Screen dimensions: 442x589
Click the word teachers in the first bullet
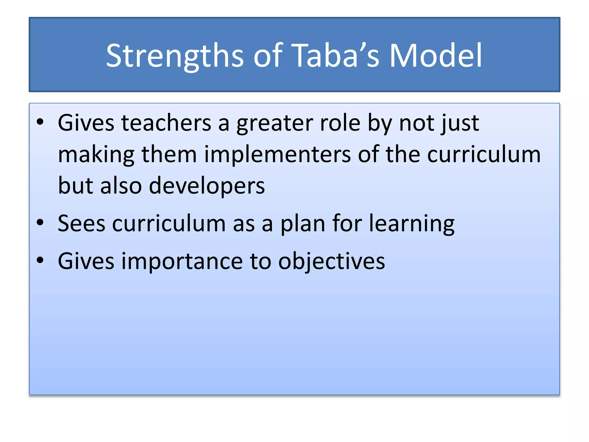pyautogui.click(x=166, y=123)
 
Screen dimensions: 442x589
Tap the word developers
pyautogui.click(x=207, y=186)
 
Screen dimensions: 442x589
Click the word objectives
pyautogui.click(x=331, y=261)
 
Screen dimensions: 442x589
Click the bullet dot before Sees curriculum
pyautogui.click(x=40, y=223)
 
